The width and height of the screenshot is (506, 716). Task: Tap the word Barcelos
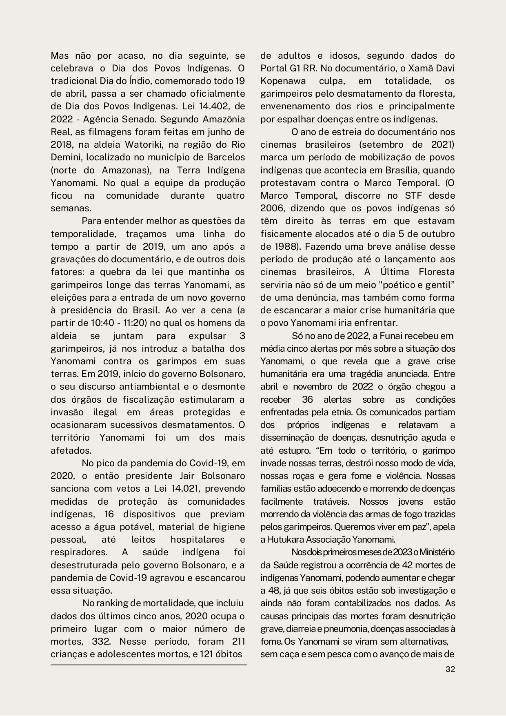[226, 157]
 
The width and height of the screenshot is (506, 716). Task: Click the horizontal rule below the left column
[149, 665]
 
